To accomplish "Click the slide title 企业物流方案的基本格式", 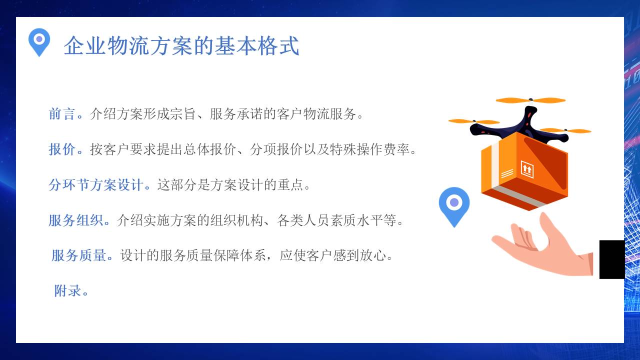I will (181, 46).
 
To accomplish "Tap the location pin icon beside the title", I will (39, 41).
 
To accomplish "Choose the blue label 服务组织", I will (75, 220).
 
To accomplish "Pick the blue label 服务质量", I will (78, 255).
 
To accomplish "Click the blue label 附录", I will (68, 290).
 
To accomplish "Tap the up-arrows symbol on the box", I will (527, 168).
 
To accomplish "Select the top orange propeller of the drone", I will (530, 100).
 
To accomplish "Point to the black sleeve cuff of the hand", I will (612, 259).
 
